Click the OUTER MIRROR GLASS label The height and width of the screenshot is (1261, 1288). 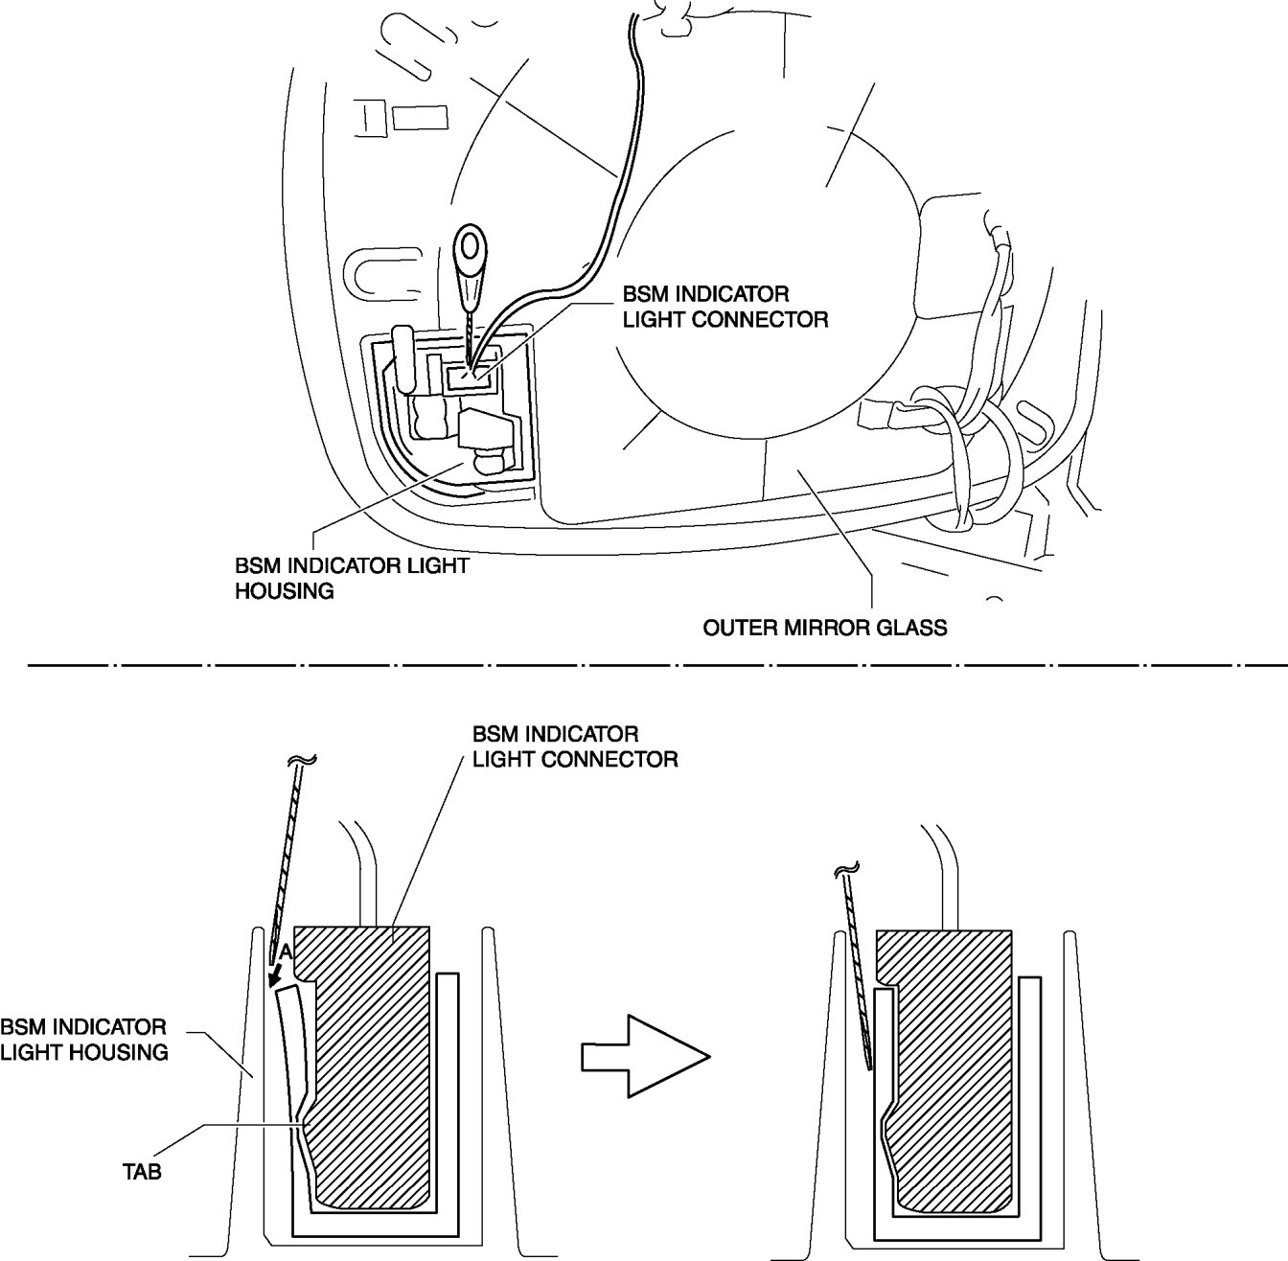(824, 629)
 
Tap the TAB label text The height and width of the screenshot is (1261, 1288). (142, 1170)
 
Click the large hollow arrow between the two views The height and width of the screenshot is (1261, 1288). (645, 1056)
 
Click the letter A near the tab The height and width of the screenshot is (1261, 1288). (285, 953)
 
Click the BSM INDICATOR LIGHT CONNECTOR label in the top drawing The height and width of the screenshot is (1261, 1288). (724, 306)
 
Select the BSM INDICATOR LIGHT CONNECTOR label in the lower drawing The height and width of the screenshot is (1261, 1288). (575, 746)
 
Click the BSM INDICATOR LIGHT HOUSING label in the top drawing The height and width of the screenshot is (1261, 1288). (351, 578)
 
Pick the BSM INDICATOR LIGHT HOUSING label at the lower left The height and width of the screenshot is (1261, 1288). (84, 1040)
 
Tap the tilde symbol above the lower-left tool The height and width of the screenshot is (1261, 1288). (301, 763)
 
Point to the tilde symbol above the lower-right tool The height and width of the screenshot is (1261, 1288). (843, 870)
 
